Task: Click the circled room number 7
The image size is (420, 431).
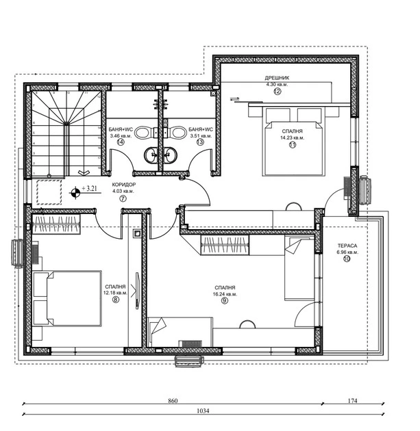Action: pos(123,198)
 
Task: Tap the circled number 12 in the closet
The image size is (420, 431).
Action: pos(277,91)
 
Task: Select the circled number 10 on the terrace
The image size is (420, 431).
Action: pos(347,259)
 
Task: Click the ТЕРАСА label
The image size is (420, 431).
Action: pos(347,246)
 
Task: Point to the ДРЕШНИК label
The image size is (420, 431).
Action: pos(277,78)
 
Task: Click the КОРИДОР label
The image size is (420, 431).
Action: pos(124,185)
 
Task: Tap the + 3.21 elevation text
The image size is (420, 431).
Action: pos(90,188)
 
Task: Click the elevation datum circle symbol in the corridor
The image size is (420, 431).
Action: pos(75,192)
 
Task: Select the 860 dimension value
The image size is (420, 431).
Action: pos(173,400)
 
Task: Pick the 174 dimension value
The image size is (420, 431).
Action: pos(352,400)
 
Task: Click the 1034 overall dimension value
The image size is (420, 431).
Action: pos(203,410)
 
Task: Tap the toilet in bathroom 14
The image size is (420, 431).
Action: pos(143,133)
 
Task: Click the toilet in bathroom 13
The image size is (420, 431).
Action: pos(179,133)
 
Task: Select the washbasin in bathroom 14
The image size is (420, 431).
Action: pos(151,155)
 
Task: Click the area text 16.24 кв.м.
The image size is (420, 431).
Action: pos(225,294)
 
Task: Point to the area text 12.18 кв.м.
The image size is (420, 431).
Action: pos(115,293)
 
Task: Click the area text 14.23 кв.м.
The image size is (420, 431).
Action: pos(293,138)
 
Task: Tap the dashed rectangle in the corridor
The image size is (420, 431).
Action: pos(49,192)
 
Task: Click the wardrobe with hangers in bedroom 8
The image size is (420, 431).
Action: pos(56,224)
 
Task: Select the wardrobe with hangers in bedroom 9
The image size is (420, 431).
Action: pos(225,245)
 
